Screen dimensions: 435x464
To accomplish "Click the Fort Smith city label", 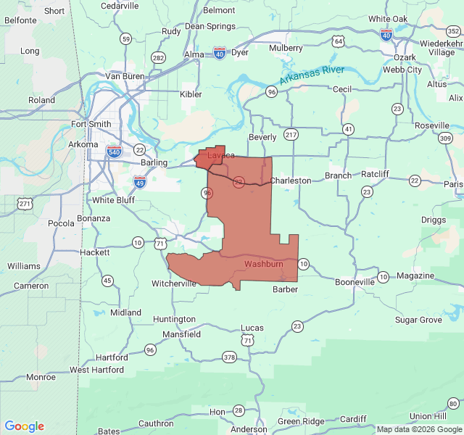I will (91, 124).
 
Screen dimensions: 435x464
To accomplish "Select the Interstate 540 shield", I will (114, 151).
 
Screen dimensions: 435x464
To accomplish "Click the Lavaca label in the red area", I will (221, 156).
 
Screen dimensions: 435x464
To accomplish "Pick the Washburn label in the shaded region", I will (263, 264).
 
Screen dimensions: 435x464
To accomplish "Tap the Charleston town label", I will (291, 181).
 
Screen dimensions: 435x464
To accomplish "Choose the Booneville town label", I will (355, 282).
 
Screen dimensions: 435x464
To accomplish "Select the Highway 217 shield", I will (291, 135).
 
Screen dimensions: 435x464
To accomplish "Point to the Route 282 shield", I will (158, 57).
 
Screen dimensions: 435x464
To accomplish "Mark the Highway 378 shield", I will (230, 357).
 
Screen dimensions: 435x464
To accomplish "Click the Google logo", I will (25, 426).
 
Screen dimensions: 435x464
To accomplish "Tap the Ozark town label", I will (405, 57).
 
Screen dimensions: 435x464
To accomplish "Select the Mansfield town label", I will (182, 334).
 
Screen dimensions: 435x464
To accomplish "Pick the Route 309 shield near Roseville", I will (444, 138).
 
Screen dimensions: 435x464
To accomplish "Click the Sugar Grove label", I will (418, 320).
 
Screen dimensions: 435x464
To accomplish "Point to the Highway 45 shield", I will (107, 281).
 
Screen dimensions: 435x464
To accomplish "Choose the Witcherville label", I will (173, 283).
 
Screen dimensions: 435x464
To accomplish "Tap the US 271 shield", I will (26, 204).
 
